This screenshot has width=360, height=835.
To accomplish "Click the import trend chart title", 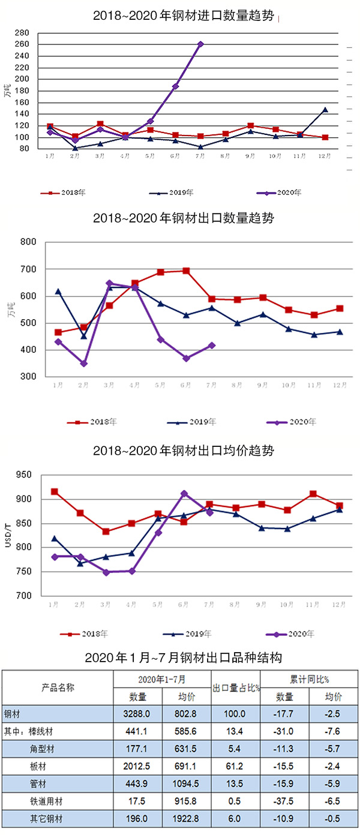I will click(184, 16).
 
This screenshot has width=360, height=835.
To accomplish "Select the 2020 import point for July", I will click(200, 44).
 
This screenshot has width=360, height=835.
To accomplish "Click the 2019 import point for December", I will click(325, 110).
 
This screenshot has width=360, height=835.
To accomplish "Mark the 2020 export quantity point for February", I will click(84, 364).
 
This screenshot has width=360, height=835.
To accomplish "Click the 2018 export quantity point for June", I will click(187, 271).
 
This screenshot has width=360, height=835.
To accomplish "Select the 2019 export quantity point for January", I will click(58, 292).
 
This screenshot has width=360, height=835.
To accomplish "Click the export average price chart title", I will click(184, 450).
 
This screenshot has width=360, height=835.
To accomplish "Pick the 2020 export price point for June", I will click(184, 494).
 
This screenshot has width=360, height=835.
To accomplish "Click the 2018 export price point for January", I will click(55, 492).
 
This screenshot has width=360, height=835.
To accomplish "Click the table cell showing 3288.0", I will click(137, 714).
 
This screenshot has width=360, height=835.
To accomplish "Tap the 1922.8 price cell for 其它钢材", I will click(186, 818).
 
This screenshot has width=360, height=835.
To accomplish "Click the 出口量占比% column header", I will click(237, 687).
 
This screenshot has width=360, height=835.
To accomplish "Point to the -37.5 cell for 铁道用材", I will click(284, 800).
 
